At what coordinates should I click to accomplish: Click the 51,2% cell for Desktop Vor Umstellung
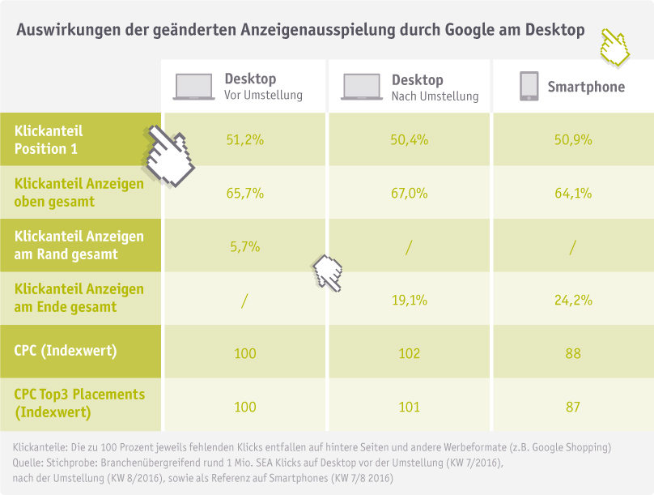point(244,139)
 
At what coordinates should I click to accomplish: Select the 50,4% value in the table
point(409,139)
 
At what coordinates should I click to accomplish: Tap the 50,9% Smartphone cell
point(573,139)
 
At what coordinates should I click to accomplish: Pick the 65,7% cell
point(244,194)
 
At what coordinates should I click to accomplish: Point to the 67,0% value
point(409,194)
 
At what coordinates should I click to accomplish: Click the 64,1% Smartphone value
point(573,194)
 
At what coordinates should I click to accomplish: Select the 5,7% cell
point(244,247)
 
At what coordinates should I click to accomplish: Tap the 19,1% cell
point(409,300)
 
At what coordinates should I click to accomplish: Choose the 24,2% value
point(573,300)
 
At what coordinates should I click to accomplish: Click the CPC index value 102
point(409,353)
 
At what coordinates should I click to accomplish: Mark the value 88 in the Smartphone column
point(573,353)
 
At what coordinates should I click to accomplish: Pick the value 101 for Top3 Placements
point(409,407)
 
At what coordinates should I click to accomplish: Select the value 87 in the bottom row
point(573,407)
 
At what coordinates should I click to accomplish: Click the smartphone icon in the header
point(529,87)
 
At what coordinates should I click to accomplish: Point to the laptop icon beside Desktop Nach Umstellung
point(361,87)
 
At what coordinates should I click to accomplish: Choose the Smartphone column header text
point(586,87)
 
